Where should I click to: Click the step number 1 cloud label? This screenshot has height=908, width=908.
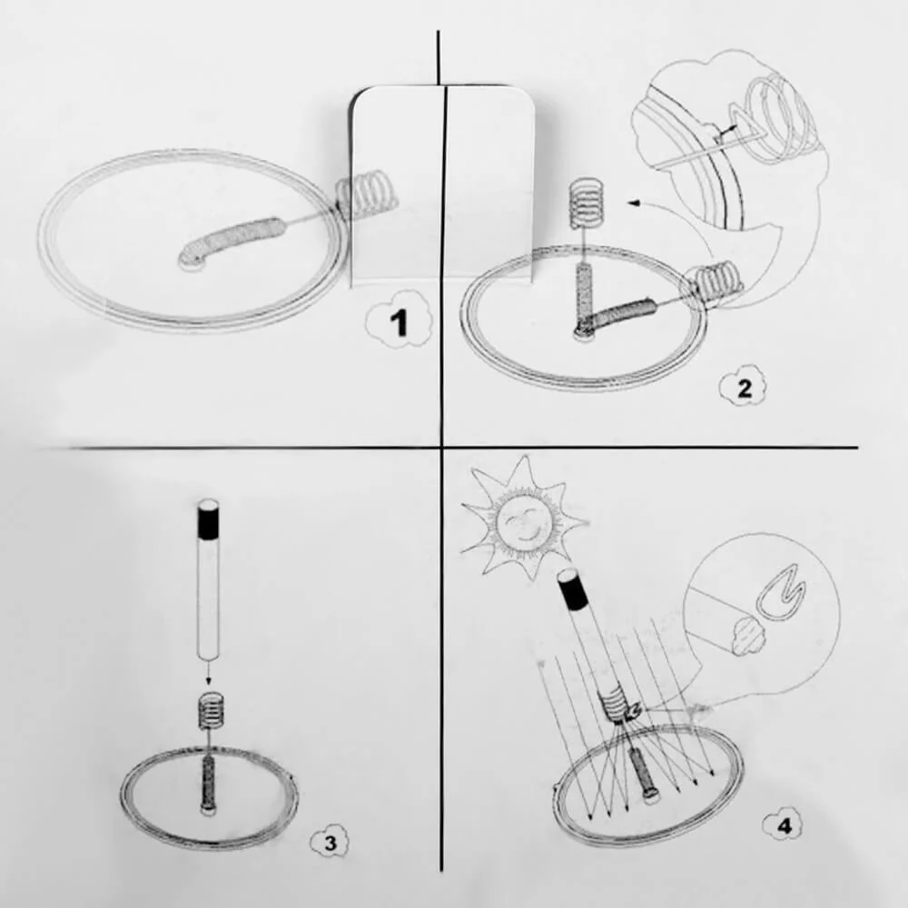point(398,323)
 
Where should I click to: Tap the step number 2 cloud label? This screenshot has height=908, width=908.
point(744,389)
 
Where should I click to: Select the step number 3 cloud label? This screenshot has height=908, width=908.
point(330,843)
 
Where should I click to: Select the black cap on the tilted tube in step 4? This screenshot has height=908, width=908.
point(574,596)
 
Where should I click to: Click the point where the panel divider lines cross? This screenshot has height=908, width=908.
point(441,447)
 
